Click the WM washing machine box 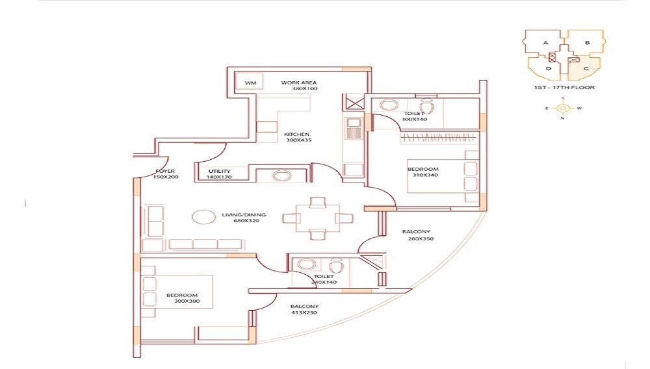[x=250, y=83]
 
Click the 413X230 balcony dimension [x=304, y=313]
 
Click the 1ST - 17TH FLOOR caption [x=564, y=87]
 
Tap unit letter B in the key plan [x=586, y=43]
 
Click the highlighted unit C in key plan [x=586, y=68]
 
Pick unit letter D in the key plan [x=548, y=68]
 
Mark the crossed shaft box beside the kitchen [x=355, y=103]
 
